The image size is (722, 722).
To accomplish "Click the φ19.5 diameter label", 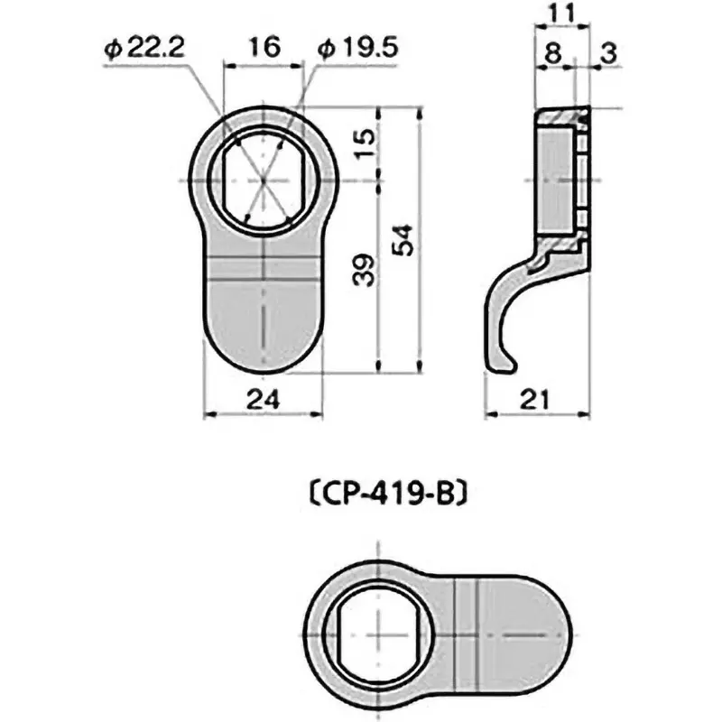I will [x=358, y=49].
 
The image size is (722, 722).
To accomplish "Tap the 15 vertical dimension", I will [x=363, y=144].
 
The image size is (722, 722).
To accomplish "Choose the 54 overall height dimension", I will [x=406, y=239].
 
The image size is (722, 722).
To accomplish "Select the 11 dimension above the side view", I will [x=562, y=14].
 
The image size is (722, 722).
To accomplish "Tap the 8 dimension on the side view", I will [x=552, y=53].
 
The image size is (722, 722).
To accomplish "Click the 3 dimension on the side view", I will [x=606, y=53].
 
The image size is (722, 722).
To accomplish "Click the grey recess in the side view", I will [x=554, y=180].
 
